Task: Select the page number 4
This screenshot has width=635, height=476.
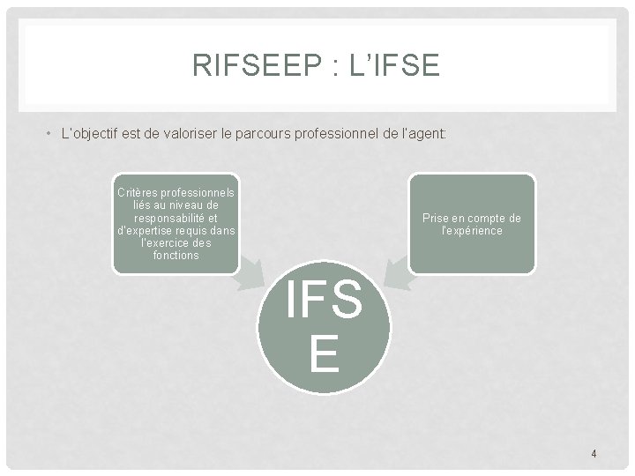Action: pyautogui.click(x=594, y=454)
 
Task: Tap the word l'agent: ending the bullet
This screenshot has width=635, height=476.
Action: pyautogui.click(x=423, y=135)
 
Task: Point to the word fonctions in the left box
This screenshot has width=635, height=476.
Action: pyautogui.click(x=176, y=256)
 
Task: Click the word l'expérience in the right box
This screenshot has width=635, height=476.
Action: pyautogui.click(x=472, y=231)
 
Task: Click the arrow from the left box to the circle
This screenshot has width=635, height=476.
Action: pyautogui.click(x=253, y=274)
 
